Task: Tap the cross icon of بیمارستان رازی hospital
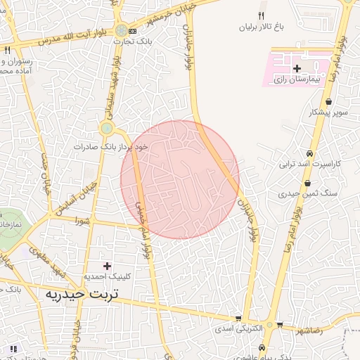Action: pos(297,68)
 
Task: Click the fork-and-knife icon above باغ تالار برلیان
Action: pos(261,15)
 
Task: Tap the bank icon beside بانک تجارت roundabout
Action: pos(133,32)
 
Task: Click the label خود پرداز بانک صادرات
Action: pos(112,147)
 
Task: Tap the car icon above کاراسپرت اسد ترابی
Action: pos(309,153)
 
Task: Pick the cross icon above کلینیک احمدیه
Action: pos(107,265)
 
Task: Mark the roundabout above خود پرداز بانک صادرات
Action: pos(107,128)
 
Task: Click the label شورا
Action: pos(85,220)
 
